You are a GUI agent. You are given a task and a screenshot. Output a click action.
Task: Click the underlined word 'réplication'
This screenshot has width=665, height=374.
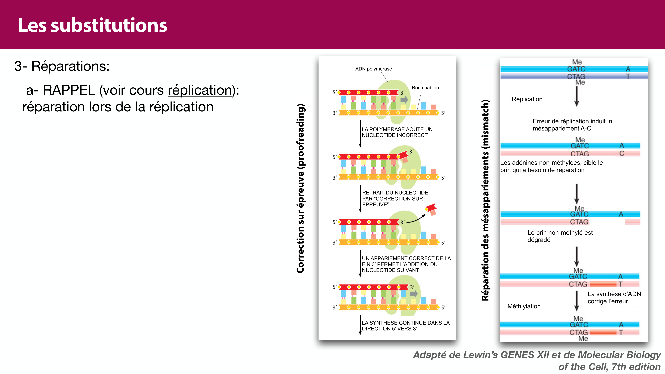pos(200,90)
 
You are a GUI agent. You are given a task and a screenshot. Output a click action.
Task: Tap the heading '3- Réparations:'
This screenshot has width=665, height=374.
pos(62,66)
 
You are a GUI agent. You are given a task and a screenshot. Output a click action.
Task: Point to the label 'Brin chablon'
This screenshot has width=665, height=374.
pos(425,88)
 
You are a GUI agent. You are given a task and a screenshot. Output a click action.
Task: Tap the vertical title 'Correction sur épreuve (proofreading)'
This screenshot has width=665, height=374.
pos(300,188)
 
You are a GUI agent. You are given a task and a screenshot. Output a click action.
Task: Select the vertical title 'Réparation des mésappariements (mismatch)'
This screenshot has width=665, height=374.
pos(485,200)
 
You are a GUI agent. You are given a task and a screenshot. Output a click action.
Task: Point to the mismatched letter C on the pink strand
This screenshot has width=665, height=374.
pos(622,154)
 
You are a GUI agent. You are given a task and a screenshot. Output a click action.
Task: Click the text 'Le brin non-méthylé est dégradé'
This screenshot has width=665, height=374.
pos(560,236)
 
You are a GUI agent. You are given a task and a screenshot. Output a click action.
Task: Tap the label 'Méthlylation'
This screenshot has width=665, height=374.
pos(524,306)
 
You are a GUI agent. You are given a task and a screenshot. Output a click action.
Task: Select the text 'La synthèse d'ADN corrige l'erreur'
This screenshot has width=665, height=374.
pos(614,298)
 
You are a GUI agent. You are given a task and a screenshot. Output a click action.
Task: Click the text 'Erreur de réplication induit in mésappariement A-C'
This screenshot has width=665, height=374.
pos(572,125)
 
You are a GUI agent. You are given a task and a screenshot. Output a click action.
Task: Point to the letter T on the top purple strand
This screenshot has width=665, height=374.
pos(628,76)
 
